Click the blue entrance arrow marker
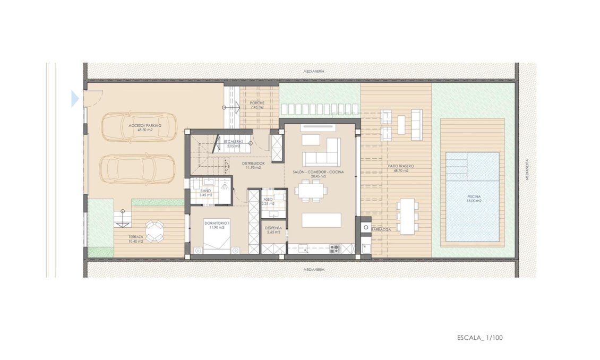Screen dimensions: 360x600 [x=75, y=98]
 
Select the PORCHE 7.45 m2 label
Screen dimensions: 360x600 [x=257, y=105]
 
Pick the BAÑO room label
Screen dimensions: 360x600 [x=206, y=192]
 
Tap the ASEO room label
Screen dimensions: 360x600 [x=268, y=201]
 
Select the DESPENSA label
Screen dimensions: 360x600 [x=274, y=230]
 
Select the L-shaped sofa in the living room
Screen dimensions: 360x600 [x=322, y=154]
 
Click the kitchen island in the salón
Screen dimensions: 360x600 [x=322, y=220]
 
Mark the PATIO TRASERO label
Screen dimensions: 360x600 [x=401, y=168]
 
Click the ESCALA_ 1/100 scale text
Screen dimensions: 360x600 [x=479, y=337]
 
